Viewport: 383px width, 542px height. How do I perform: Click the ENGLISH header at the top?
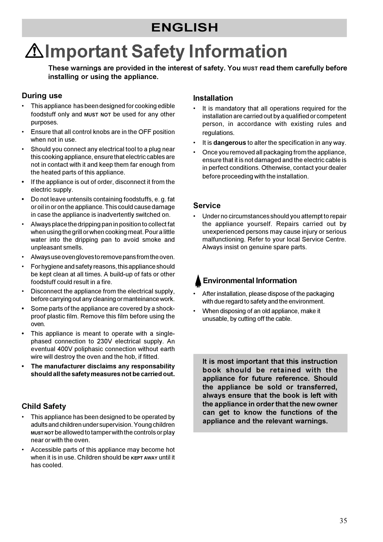point(184,28)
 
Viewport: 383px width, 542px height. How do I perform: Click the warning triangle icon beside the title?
point(34,51)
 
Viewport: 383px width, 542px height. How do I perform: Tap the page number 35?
point(343,521)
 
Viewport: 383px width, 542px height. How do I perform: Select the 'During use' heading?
point(42,96)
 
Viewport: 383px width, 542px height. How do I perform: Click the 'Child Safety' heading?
point(44,406)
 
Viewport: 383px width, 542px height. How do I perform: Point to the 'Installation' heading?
point(213,98)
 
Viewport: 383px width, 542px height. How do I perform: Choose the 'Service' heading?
point(207,206)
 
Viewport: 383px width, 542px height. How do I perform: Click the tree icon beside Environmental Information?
point(198,281)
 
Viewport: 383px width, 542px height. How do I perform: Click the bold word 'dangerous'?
point(229,143)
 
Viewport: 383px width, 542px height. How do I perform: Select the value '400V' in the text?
point(65,349)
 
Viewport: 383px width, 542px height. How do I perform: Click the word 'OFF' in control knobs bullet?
point(145,132)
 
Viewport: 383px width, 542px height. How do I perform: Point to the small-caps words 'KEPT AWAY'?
point(144,458)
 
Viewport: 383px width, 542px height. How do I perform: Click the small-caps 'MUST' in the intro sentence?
point(250,69)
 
